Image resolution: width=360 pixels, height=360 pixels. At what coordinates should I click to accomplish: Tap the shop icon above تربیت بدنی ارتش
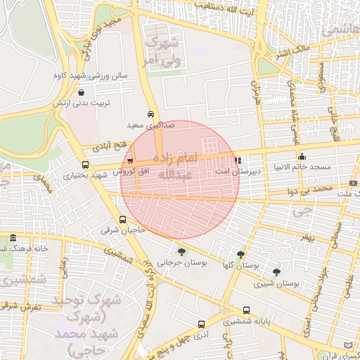[x=82, y=92]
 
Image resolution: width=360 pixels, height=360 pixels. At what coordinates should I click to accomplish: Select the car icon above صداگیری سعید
[x=151, y=113]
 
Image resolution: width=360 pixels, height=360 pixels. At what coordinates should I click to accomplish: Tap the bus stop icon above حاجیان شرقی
[x=123, y=219]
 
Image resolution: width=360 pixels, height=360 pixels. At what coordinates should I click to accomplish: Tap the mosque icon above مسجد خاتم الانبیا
[x=302, y=156]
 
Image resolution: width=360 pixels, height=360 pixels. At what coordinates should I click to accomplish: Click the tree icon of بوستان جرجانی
[x=182, y=251]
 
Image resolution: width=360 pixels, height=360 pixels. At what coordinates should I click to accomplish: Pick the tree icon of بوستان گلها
[x=240, y=255]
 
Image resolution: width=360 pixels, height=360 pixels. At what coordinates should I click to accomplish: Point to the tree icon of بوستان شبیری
[x=276, y=271]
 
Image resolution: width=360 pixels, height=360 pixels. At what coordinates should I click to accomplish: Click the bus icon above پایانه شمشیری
[x=245, y=310]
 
